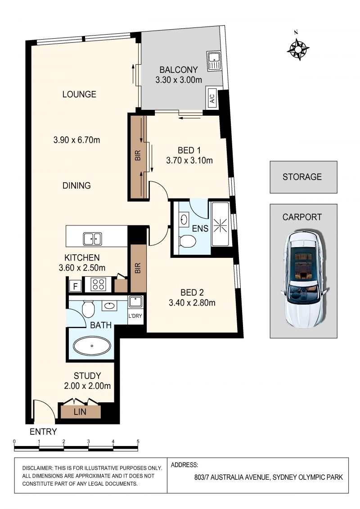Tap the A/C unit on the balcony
tap(212, 98)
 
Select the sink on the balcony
tap(214, 61)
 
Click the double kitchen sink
tap(93, 239)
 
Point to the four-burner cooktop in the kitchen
tap(98, 284)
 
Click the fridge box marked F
tap(75, 286)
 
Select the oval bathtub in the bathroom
tap(92, 346)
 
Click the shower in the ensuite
tap(220, 224)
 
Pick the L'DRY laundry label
tap(135, 315)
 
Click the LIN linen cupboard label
tap(80, 412)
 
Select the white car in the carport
tap(305, 279)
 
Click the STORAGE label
tap(302, 177)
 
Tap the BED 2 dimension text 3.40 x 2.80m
tap(192, 303)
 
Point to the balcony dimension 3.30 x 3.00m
tap(179, 80)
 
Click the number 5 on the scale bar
tap(138, 441)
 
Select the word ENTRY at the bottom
tap(43, 432)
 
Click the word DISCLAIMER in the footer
tap(37, 468)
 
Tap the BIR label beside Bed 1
tap(138, 155)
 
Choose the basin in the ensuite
tap(184, 219)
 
